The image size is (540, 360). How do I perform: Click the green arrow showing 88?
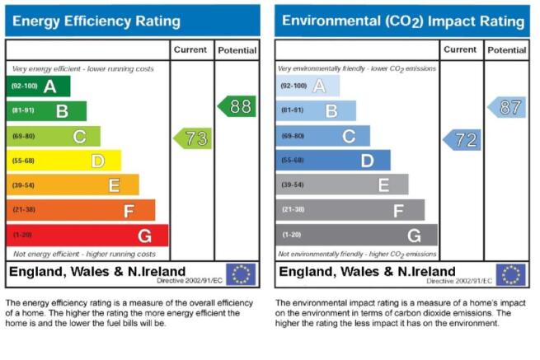click(x=237, y=106)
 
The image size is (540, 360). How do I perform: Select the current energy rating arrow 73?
click(x=193, y=138)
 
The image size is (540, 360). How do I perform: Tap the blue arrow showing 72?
click(x=462, y=140)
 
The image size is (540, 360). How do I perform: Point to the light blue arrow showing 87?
click(x=507, y=107)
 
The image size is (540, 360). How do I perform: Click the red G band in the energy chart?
click(x=87, y=236)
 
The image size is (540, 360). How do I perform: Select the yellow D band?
click(x=64, y=161)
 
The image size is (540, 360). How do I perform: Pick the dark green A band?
click(x=38, y=86)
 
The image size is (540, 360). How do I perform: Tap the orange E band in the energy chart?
click(x=73, y=185)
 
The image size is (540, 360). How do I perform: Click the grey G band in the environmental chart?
click(x=357, y=235)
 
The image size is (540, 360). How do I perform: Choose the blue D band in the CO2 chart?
click(x=333, y=160)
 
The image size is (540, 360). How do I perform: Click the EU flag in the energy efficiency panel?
click(x=241, y=274)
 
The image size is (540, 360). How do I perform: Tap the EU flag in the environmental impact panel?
click(x=510, y=274)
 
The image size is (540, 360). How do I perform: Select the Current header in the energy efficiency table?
click(x=190, y=49)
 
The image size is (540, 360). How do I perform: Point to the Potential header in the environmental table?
click(x=506, y=50)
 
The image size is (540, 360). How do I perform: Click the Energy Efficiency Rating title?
click(x=96, y=21)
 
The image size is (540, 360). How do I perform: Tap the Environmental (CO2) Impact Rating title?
click(x=403, y=21)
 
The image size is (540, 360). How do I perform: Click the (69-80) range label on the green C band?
click(x=23, y=136)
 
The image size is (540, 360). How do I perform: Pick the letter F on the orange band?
click(x=129, y=211)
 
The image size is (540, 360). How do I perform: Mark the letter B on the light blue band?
click(x=331, y=111)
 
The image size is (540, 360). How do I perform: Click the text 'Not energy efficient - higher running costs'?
click(x=84, y=254)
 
